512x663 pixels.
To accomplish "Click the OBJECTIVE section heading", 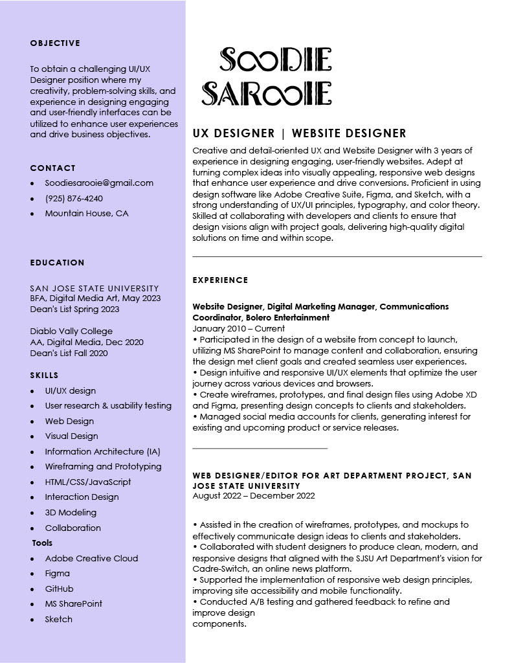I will click(55, 43).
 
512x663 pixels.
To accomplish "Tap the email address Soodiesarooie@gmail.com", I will click(99, 183).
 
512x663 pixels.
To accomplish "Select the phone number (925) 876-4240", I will click(74, 198).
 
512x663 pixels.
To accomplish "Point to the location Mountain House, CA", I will click(87, 214).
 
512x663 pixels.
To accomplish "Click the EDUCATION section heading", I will click(57, 263).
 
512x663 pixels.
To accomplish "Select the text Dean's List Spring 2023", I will click(74, 309).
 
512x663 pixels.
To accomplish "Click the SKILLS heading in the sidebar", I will click(44, 376).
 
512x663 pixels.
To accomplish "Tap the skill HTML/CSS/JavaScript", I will click(88, 482).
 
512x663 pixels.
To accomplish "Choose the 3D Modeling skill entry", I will click(71, 512).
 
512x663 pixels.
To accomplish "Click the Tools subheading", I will click(42, 543).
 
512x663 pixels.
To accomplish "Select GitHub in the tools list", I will click(59, 589).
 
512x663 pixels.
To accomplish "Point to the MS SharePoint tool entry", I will click(74, 603).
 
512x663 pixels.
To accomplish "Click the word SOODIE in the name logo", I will click(276, 60).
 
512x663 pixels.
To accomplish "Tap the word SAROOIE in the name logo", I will click(267, 94).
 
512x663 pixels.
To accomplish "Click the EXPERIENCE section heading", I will click(220, 280).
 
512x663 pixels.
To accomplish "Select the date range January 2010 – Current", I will click(239, 329).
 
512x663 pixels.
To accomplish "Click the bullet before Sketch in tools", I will click(32, 620).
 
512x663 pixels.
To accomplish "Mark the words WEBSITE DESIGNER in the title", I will click(349, 134).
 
